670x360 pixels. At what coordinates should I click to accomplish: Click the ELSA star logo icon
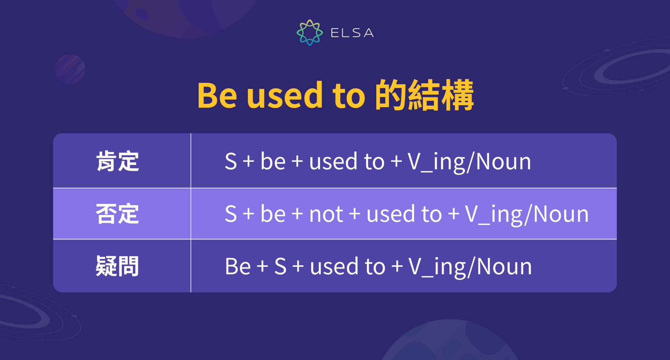[x=309, y=32]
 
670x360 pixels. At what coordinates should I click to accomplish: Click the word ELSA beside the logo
[x=352, y=33]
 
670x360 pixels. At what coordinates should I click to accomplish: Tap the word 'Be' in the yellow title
[x=217, y=95]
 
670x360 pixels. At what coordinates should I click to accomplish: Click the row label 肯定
[x=117, y=161]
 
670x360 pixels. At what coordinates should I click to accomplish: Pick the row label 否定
[x=117, y=214]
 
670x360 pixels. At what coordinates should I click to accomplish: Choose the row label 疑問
[x=117, y=266]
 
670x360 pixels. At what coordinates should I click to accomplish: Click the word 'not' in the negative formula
[x=326, y=214]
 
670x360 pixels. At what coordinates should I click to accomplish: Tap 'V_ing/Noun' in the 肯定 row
[x=469, y=162]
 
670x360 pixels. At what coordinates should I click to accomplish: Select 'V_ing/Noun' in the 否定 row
[x=527, y=214]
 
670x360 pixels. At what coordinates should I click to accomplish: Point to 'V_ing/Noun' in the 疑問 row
[x=470, y=267]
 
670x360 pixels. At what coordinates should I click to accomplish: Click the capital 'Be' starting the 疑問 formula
[x=238, y=266]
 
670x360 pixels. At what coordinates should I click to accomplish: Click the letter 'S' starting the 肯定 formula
[x=231, y=162]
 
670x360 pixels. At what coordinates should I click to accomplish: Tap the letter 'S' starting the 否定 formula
[x=231, y=214]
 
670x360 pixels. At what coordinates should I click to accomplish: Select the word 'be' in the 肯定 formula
[x=273, y=162]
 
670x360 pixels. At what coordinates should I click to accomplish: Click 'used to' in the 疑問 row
[x=347, y=267]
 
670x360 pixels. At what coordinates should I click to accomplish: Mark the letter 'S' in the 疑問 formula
[x=280, y=266]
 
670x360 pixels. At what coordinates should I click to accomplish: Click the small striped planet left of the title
[x=70, y=69]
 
